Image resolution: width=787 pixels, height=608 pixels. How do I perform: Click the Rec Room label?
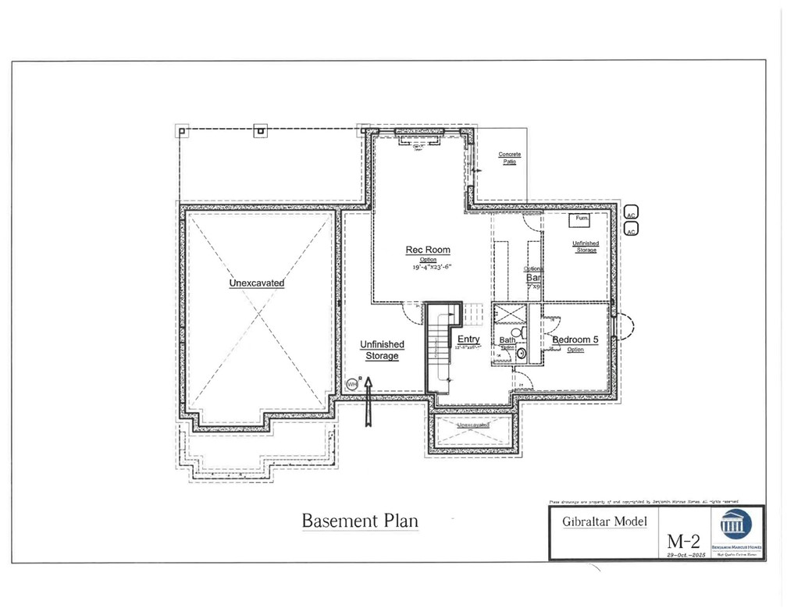427,250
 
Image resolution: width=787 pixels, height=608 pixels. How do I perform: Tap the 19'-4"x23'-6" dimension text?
433,267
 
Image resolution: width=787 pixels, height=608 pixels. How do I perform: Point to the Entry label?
468,339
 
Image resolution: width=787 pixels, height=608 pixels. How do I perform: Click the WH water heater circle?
352,384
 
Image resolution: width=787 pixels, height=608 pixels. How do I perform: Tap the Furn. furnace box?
581,219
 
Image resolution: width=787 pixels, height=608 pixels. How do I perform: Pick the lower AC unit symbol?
632,229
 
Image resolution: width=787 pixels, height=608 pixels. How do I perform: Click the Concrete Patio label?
510,158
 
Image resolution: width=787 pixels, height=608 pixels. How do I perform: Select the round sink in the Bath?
521,354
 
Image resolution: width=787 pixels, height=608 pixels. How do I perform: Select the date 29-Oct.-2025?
685,554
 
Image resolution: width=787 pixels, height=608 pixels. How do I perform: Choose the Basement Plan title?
360,521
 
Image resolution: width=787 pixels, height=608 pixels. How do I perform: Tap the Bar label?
534,278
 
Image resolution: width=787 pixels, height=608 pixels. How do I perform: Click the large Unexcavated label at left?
256,283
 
